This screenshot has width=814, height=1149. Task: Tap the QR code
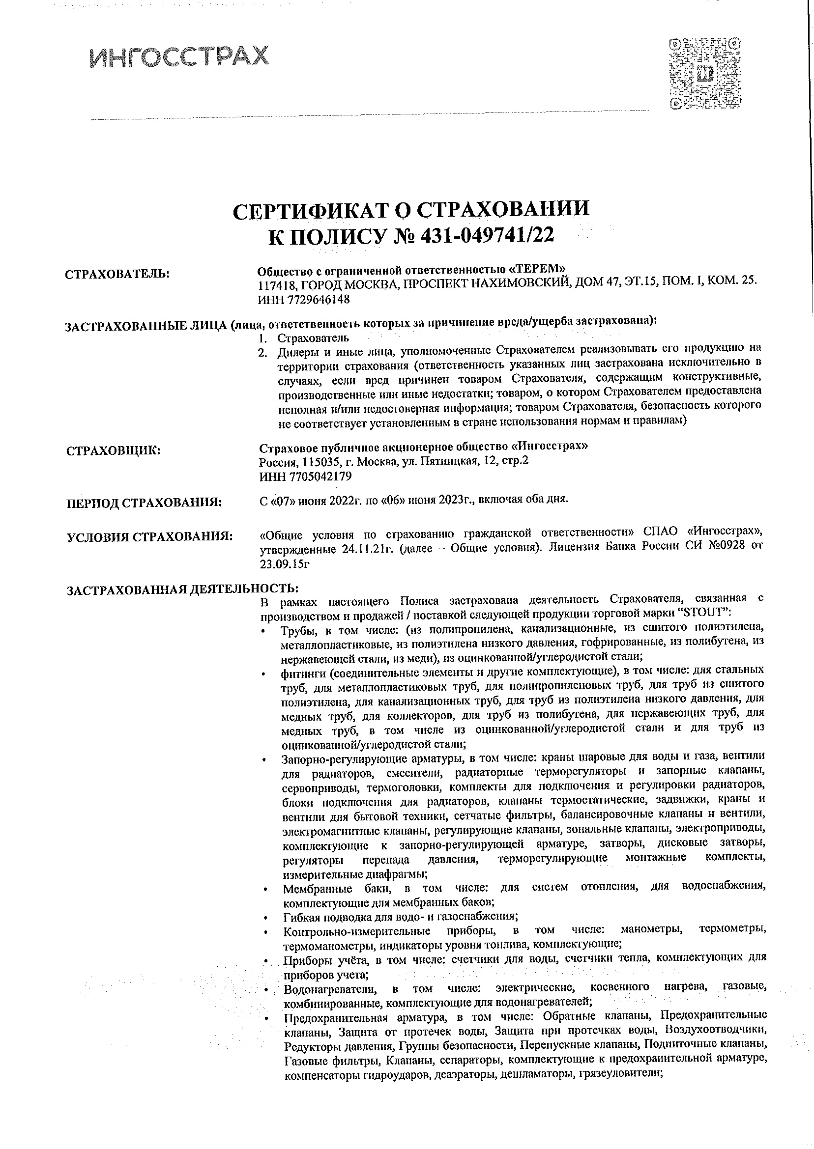click(706, 73)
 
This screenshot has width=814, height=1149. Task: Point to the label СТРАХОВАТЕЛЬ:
click(117, 274)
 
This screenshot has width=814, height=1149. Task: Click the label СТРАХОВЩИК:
click(113, 450)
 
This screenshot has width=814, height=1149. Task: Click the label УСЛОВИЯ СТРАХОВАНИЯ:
click(150, 537)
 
